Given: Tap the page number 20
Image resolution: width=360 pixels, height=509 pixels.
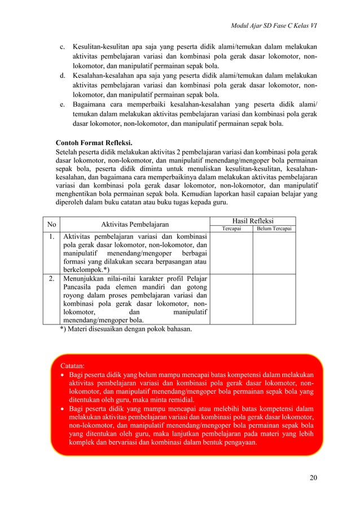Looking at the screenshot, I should pyautogui.click(x=313, y=479).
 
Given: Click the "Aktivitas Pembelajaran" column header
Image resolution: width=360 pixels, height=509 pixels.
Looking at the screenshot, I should pyautogui.click(x=137, y=224).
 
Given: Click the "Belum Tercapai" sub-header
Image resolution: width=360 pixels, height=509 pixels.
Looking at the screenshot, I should pyautogui.click(x=274, y=229).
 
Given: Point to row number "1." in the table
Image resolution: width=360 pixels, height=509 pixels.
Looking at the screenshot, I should pyautogui.click(x=52, y=236).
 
